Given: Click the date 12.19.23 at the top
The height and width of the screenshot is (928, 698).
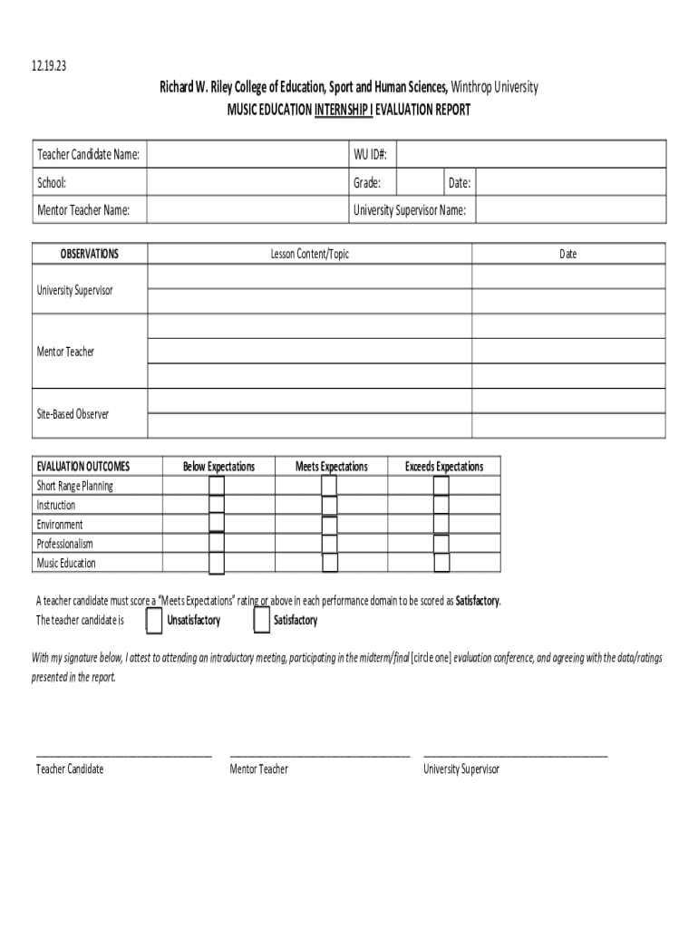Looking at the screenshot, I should [50, 67].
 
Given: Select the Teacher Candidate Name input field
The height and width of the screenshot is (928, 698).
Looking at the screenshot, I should [247, 155].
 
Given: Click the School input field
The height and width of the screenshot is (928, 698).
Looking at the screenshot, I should [247, 183].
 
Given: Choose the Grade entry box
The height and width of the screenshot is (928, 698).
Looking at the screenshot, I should [421, 183].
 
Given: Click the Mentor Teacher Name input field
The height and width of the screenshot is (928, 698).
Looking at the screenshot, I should [247, 210].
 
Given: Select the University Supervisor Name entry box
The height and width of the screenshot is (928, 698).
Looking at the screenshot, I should [570, 210].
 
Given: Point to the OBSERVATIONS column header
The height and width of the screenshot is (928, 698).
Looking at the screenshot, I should [89, 254].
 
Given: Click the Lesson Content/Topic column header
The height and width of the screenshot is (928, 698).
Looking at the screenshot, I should [309, 254].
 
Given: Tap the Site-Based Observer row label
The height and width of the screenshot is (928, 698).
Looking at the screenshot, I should [73, 414].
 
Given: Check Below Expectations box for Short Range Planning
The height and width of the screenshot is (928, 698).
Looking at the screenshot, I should [217, 486].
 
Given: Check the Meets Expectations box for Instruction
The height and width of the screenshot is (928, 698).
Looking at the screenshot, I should [329, 506].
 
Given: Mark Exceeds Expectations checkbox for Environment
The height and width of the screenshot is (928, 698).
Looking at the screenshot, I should [441, 525].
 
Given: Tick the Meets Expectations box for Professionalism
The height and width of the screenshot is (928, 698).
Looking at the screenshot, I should [329, 544].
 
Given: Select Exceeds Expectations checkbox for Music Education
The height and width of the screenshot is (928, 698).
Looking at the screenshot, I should [441, 563].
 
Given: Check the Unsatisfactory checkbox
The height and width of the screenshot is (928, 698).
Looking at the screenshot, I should [153, 621].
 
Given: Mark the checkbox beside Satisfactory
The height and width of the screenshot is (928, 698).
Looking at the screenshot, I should [261, 621].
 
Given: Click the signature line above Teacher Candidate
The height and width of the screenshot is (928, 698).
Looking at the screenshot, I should [123, 754].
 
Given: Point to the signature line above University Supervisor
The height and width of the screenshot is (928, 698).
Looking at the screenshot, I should [515, 754].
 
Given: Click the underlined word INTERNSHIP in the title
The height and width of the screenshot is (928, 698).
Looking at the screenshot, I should [343, 110].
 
